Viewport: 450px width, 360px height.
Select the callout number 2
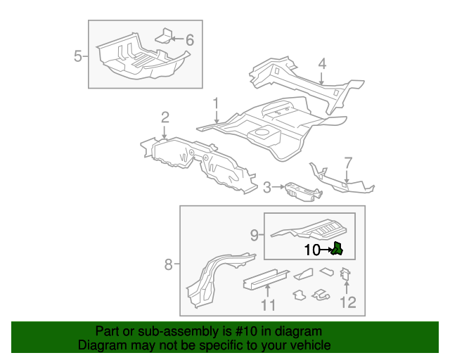[x=165, y=117]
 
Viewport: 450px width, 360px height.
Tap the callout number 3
[x=267, y=187]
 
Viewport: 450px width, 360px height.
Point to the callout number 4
[x=321, y=64]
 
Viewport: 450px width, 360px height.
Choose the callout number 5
[x=78, y=56]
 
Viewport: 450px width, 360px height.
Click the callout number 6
[x=189, y=40]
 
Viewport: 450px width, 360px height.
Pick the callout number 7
[x=347, y=163]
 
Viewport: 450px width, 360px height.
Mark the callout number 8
[x=168, y=264]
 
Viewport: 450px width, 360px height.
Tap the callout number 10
[x=311, y=249]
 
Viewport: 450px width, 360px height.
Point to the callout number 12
[x=347, y=302]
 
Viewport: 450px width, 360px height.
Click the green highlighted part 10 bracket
[x=337, y=247]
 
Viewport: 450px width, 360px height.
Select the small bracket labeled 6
[x=163, y=37]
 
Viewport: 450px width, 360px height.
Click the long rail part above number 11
[x=264, y=277]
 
